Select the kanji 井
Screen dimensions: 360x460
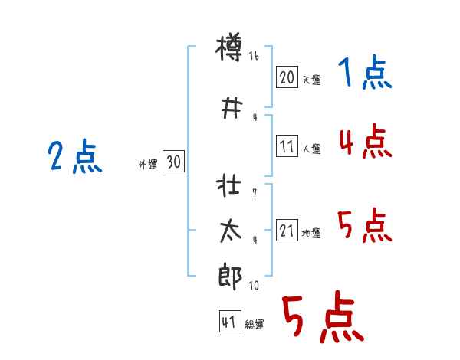230,108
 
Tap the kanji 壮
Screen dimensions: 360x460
230,188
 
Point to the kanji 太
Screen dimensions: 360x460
230,232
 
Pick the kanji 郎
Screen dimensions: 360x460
230,275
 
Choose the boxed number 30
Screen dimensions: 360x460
173,162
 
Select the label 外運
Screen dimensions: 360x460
148,164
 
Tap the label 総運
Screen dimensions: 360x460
255,325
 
